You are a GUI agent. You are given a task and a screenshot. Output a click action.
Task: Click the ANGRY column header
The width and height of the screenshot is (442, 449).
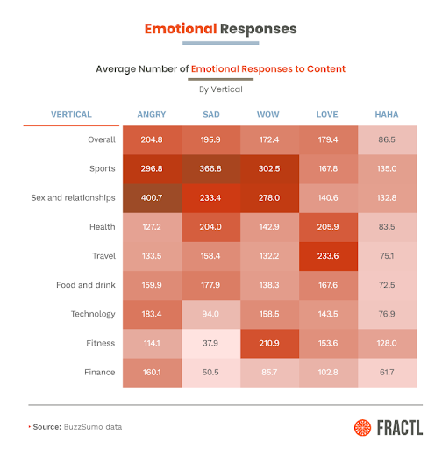152,114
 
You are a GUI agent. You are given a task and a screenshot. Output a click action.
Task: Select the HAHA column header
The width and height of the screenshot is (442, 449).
387,114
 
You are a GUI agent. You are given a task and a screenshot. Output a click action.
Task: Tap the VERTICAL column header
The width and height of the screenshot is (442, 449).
71,114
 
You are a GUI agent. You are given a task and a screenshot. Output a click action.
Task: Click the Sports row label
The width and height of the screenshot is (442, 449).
103,168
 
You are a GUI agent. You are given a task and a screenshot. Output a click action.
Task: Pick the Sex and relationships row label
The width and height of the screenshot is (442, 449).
73,198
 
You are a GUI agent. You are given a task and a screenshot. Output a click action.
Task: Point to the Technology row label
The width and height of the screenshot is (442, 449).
93,314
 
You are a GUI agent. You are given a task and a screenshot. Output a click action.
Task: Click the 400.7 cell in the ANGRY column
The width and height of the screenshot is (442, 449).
152,198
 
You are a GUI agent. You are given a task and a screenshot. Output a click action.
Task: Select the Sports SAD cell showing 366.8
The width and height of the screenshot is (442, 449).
210,169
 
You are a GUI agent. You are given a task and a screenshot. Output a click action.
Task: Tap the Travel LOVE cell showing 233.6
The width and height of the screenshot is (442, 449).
328,256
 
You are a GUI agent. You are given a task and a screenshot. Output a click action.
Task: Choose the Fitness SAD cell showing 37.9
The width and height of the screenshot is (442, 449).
210,344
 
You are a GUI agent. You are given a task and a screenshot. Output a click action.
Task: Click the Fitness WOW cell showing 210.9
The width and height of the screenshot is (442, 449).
269,344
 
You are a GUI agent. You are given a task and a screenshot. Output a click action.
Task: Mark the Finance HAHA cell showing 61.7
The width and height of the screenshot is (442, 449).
388,373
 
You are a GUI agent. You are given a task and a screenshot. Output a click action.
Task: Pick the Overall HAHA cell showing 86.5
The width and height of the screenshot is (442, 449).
388,140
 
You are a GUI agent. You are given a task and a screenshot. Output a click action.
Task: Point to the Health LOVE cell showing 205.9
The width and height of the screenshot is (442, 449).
328,227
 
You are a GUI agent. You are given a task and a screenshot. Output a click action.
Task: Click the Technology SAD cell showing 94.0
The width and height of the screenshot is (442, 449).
210,315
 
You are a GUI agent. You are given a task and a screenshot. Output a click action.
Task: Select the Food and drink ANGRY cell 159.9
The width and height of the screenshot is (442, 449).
152,286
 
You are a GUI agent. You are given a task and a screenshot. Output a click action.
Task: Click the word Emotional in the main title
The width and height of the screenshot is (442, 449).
181,29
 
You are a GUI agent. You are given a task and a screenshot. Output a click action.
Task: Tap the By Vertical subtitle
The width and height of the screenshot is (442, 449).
221,89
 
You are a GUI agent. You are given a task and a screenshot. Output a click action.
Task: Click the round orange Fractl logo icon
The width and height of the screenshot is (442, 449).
362,428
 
